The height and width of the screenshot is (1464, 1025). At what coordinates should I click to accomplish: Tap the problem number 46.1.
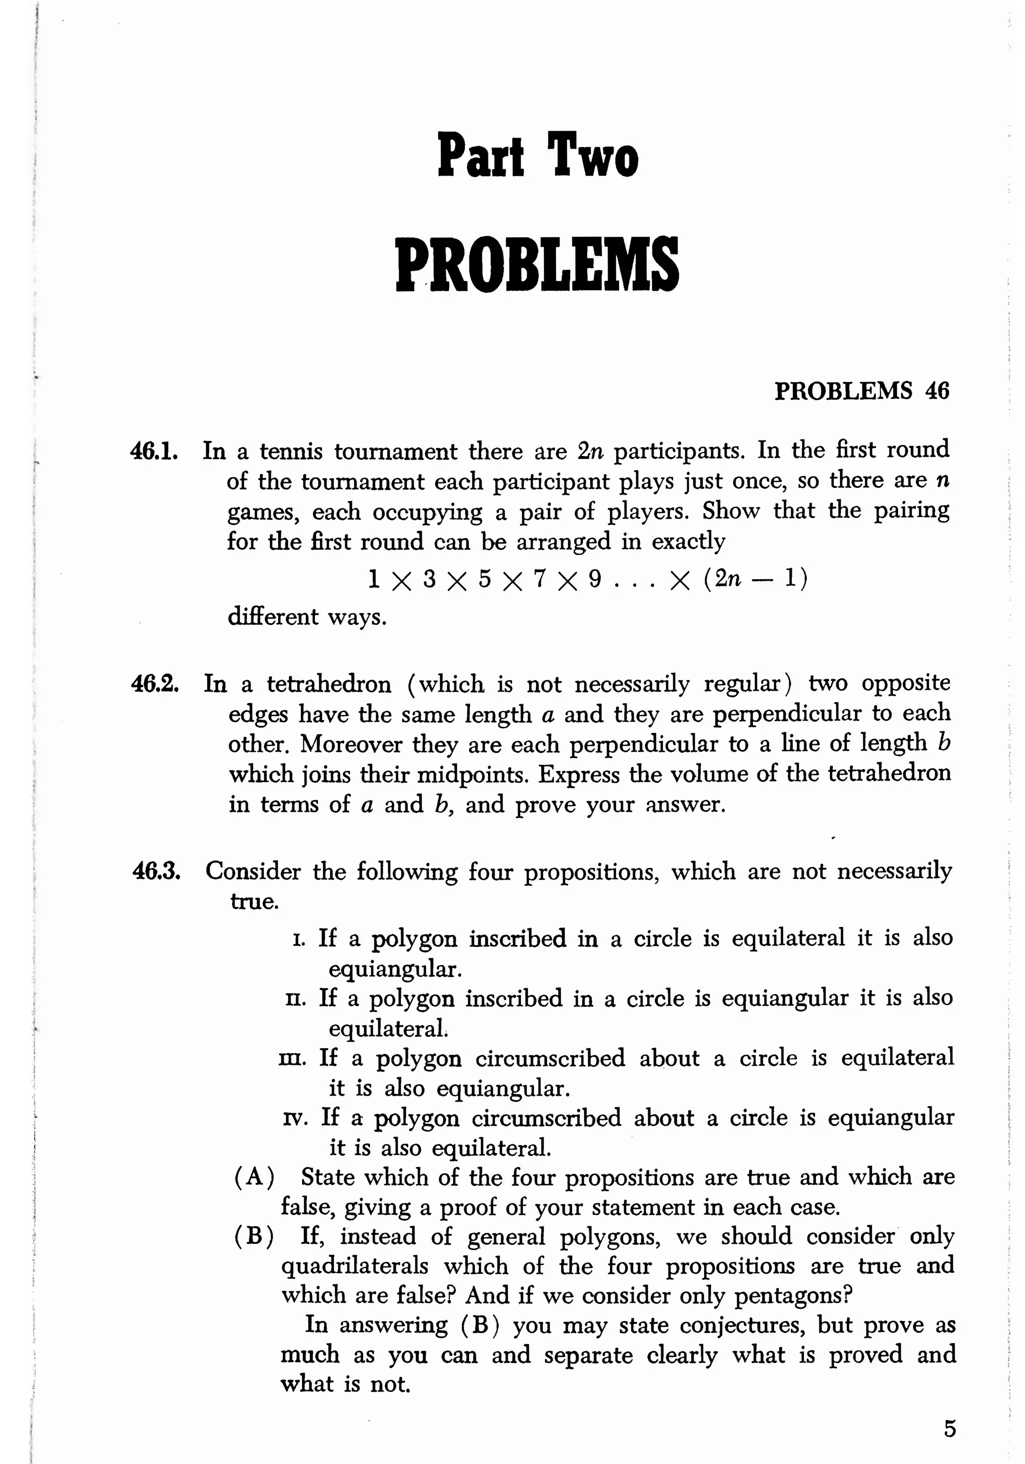[x=154, y=451]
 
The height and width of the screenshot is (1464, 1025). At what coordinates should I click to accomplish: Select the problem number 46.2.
[x=154, y=684]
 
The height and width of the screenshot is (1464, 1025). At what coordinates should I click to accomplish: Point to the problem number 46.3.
[x=156, y=871]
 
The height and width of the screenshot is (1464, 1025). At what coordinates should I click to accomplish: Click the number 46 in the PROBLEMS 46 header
[x=936, y=390]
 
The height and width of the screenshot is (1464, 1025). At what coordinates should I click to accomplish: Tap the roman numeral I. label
[x=300, y=938]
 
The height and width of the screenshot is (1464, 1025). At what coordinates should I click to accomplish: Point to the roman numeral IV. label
[x=296, y=1118]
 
